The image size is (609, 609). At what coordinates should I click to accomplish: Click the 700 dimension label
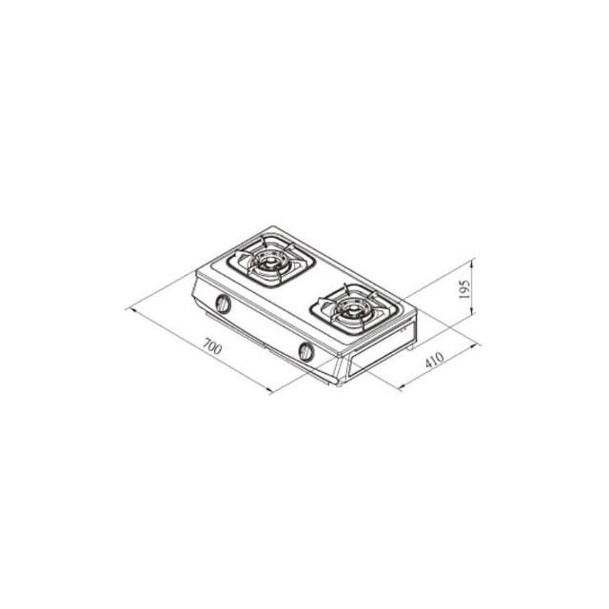point(213,346)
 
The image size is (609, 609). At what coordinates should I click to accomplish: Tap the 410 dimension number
point(434,360)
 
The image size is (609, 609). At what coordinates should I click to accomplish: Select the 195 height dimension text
point(464,289)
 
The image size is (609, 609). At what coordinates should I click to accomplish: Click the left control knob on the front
point(223,304)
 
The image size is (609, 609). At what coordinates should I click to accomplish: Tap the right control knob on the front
point(306,351)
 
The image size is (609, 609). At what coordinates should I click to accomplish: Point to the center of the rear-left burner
point(269,264)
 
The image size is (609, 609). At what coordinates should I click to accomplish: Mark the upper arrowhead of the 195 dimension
point(472,264)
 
